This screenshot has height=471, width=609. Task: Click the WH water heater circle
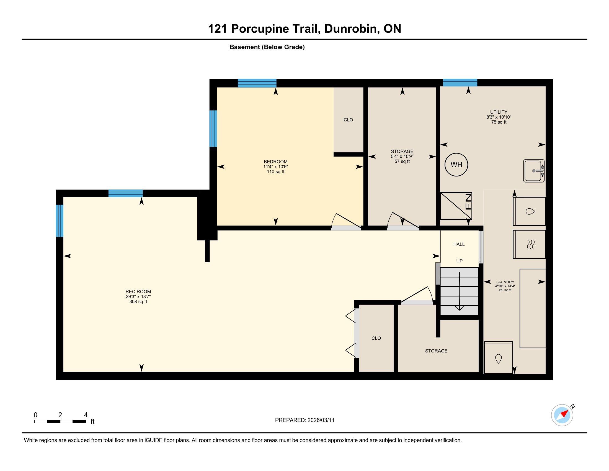[x=456, y=165]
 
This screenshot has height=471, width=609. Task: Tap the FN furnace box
[x=456, y=206]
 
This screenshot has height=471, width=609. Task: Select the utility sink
[x=534, y=171]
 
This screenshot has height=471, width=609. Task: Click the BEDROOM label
[x=275, y=162]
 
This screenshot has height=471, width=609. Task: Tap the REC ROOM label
[x=138, y=291]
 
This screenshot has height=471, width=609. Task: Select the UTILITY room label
[x=499, y=112]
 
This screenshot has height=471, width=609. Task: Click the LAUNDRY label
[x=505, y=282]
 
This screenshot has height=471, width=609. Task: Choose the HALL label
[x=459, y=244]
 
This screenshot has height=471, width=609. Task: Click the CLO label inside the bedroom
[x=348, y=120]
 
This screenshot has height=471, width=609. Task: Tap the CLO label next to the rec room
[x=376, y=338]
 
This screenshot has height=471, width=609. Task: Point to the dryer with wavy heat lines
[x=529, y=244]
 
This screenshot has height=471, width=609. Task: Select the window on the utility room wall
[x=460, y=83]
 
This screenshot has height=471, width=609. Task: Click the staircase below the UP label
[x=459, y=291]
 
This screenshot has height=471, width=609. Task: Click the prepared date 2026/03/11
[x=321, y=420]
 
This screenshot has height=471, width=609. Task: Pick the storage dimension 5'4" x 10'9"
[x=402, y=157]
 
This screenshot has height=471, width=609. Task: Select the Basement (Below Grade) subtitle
[x=267, y=47]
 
